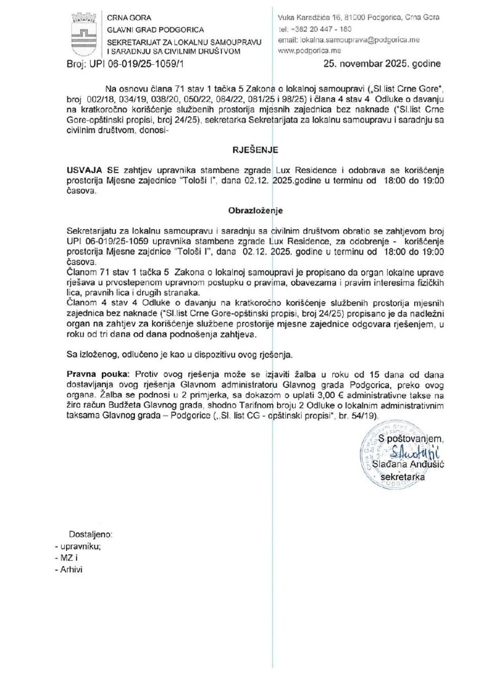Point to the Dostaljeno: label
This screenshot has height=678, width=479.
91,534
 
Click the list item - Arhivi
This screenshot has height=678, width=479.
73,571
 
